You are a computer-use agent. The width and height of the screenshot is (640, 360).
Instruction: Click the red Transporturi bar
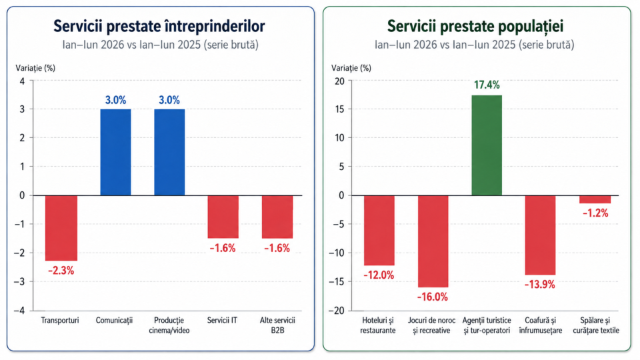click(61, 228)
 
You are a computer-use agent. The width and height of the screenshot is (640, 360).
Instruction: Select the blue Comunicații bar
click(115, 152)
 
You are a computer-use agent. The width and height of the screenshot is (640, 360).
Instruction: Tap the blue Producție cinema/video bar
click(169, 152)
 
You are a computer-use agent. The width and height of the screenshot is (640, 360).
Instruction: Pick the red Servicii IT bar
click(223, 217)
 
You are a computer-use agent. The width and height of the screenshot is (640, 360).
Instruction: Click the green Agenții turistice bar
click(487, 145)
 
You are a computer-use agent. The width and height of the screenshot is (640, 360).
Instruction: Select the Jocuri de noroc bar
click(433, 241)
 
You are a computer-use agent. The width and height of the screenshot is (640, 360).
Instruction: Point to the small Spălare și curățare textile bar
click(595, 199)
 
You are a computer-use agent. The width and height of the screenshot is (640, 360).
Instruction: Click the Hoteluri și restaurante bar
click(379, 231)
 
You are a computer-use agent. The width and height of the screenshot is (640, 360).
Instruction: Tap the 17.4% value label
click(487, 85)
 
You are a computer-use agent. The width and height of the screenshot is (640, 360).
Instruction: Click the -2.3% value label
click(61, 271)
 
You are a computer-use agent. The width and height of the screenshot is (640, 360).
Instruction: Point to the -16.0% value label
click(432, 297)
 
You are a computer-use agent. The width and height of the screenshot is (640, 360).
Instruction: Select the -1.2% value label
click(595, 213)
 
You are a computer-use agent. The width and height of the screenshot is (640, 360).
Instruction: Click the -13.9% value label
click(539, 285)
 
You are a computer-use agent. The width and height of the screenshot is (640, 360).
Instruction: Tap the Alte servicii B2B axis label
click(277, 325)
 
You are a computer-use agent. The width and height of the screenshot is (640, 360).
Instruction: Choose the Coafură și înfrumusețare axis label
click(541, 325)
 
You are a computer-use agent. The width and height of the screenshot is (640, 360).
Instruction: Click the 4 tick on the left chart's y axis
click(22, 81)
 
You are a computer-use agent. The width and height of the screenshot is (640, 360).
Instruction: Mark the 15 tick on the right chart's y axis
click(340, 109)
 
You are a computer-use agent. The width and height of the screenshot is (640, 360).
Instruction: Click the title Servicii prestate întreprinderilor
click(159, 26)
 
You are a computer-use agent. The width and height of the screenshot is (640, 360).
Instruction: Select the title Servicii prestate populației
click(475, 26)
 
